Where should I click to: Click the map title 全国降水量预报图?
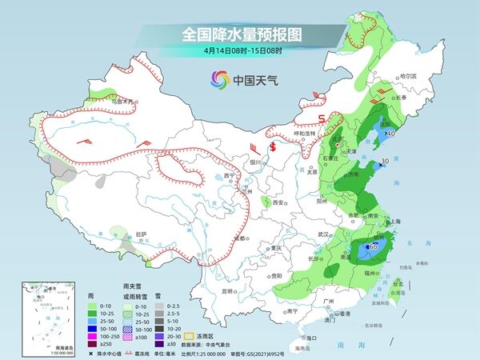click(x=240, y=34)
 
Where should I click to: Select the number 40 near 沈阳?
click(x=390, y=134)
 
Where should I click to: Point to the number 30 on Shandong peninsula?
click(x=385, y=161)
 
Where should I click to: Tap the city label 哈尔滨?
click(x=408, y=76)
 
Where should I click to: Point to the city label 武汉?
click(x=324, y=234)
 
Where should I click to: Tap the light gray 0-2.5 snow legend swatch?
click(x=160, y=306)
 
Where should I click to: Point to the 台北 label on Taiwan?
click(x=398, y=282)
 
